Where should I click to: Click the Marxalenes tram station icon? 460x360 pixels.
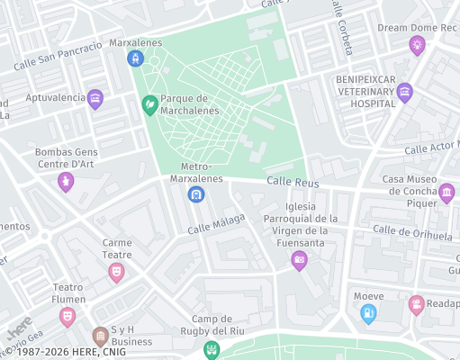135,59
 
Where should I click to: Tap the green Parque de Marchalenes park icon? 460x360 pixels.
149,105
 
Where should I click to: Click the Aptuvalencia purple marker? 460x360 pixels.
95,99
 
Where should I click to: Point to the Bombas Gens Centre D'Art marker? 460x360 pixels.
65,182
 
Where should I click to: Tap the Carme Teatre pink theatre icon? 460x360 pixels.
116,272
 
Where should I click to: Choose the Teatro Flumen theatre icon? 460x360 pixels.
68,316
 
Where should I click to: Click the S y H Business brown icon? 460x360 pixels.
101,337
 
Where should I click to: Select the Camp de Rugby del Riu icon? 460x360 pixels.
212,348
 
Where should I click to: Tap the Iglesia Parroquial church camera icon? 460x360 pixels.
300,261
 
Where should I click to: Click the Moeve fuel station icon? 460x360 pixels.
368,313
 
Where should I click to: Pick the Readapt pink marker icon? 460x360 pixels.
416,305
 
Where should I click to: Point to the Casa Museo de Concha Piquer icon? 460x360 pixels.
446,193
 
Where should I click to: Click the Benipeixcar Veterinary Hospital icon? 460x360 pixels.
405,91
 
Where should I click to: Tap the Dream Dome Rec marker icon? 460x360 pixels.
417,45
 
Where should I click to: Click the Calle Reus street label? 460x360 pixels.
293,183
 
